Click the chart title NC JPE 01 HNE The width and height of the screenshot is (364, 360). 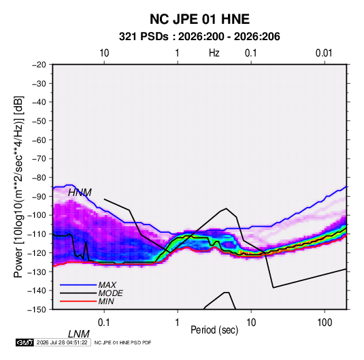click(199, 19)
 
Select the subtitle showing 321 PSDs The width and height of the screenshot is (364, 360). click(199, 37)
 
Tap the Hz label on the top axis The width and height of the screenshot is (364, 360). click(214, 53)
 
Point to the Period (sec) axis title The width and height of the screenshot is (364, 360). click(214, 330)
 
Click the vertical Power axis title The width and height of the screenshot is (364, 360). click(18, 186)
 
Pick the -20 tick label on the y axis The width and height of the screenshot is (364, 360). click(39, 65)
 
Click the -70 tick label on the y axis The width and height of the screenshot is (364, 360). click(39, 159)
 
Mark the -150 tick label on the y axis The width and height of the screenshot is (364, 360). click(37, 310)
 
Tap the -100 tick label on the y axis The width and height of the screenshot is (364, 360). click(37, 215)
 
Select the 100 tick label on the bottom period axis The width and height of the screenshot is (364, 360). click(325, 323)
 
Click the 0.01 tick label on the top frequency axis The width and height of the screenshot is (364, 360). click(324, 53)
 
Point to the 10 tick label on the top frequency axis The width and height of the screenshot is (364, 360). click(104, 53)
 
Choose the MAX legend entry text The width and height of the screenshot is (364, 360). click(107, 285)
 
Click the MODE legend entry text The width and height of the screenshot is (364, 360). click(110, 293)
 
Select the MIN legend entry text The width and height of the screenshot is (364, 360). click(106, 301)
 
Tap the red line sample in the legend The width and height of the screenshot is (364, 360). click(78, 301)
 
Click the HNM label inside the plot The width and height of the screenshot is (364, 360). click(80, 193)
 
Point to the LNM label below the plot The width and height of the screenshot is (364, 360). click(79, 334)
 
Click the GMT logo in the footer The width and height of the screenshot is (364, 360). click(24, 342)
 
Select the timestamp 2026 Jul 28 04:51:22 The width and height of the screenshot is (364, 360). click(62, 342)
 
